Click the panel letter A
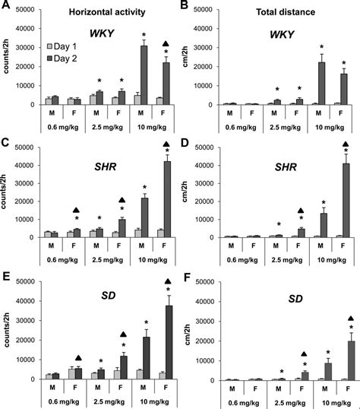coord(5,8)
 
